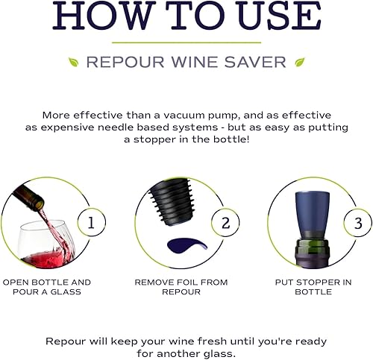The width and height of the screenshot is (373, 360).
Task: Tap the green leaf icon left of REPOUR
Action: click(73, 62)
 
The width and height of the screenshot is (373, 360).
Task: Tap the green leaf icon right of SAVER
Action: click(299, 62)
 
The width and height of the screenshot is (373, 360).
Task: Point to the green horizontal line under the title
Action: click(186, 42)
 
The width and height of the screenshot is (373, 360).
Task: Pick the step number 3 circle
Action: click(357, 221)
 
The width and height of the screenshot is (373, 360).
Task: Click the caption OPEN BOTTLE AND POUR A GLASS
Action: click(46, 287)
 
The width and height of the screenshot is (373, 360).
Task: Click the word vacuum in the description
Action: click(209, 116)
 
